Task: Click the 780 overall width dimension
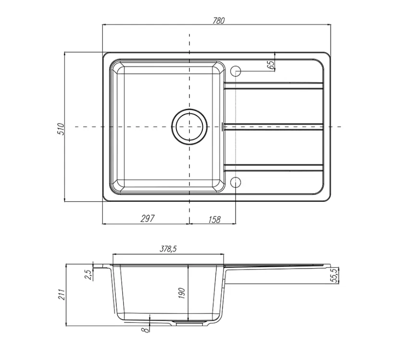219,20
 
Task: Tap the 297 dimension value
148,219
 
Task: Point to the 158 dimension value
214,219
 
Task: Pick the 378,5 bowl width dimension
168,249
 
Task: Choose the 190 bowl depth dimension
181,293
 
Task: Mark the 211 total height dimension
62,295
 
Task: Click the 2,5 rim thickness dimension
88,275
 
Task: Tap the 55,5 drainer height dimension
335,275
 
